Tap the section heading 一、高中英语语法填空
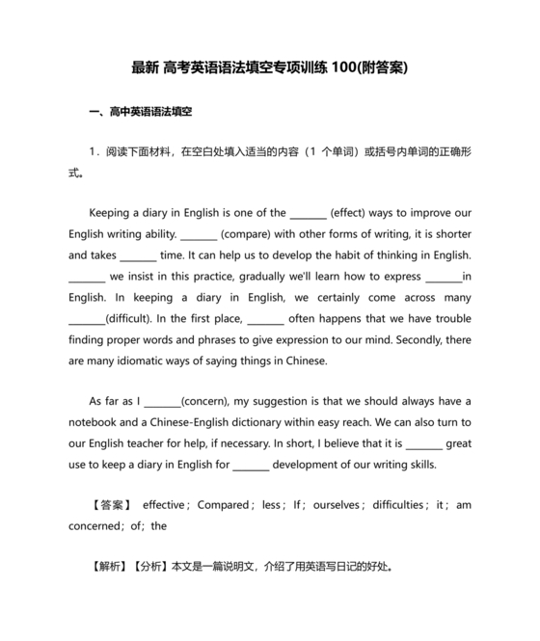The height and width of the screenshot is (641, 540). (140, 113)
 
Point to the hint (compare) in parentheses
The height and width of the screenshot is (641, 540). (250, 234)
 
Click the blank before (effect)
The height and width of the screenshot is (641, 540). (309, 215)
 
